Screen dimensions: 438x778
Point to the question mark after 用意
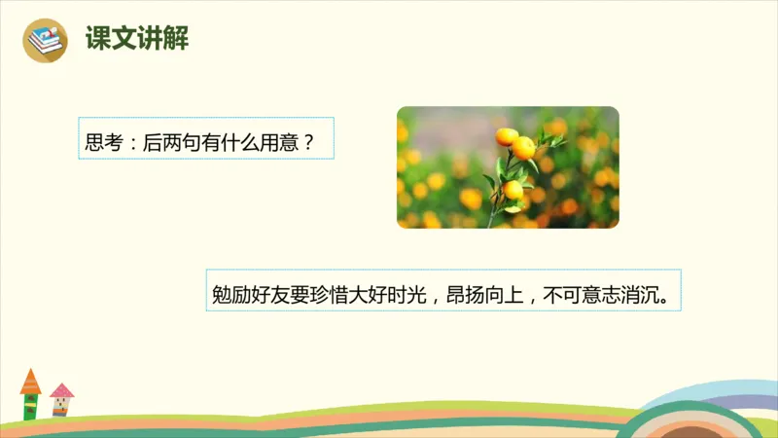point(308,140)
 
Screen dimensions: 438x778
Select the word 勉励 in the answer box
point(230,293)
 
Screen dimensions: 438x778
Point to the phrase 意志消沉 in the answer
point(620,293)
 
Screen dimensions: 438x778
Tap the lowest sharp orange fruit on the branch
point(512,190)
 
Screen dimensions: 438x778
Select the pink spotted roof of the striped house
point(62,390)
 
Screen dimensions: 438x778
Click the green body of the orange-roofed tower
point(31,405)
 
